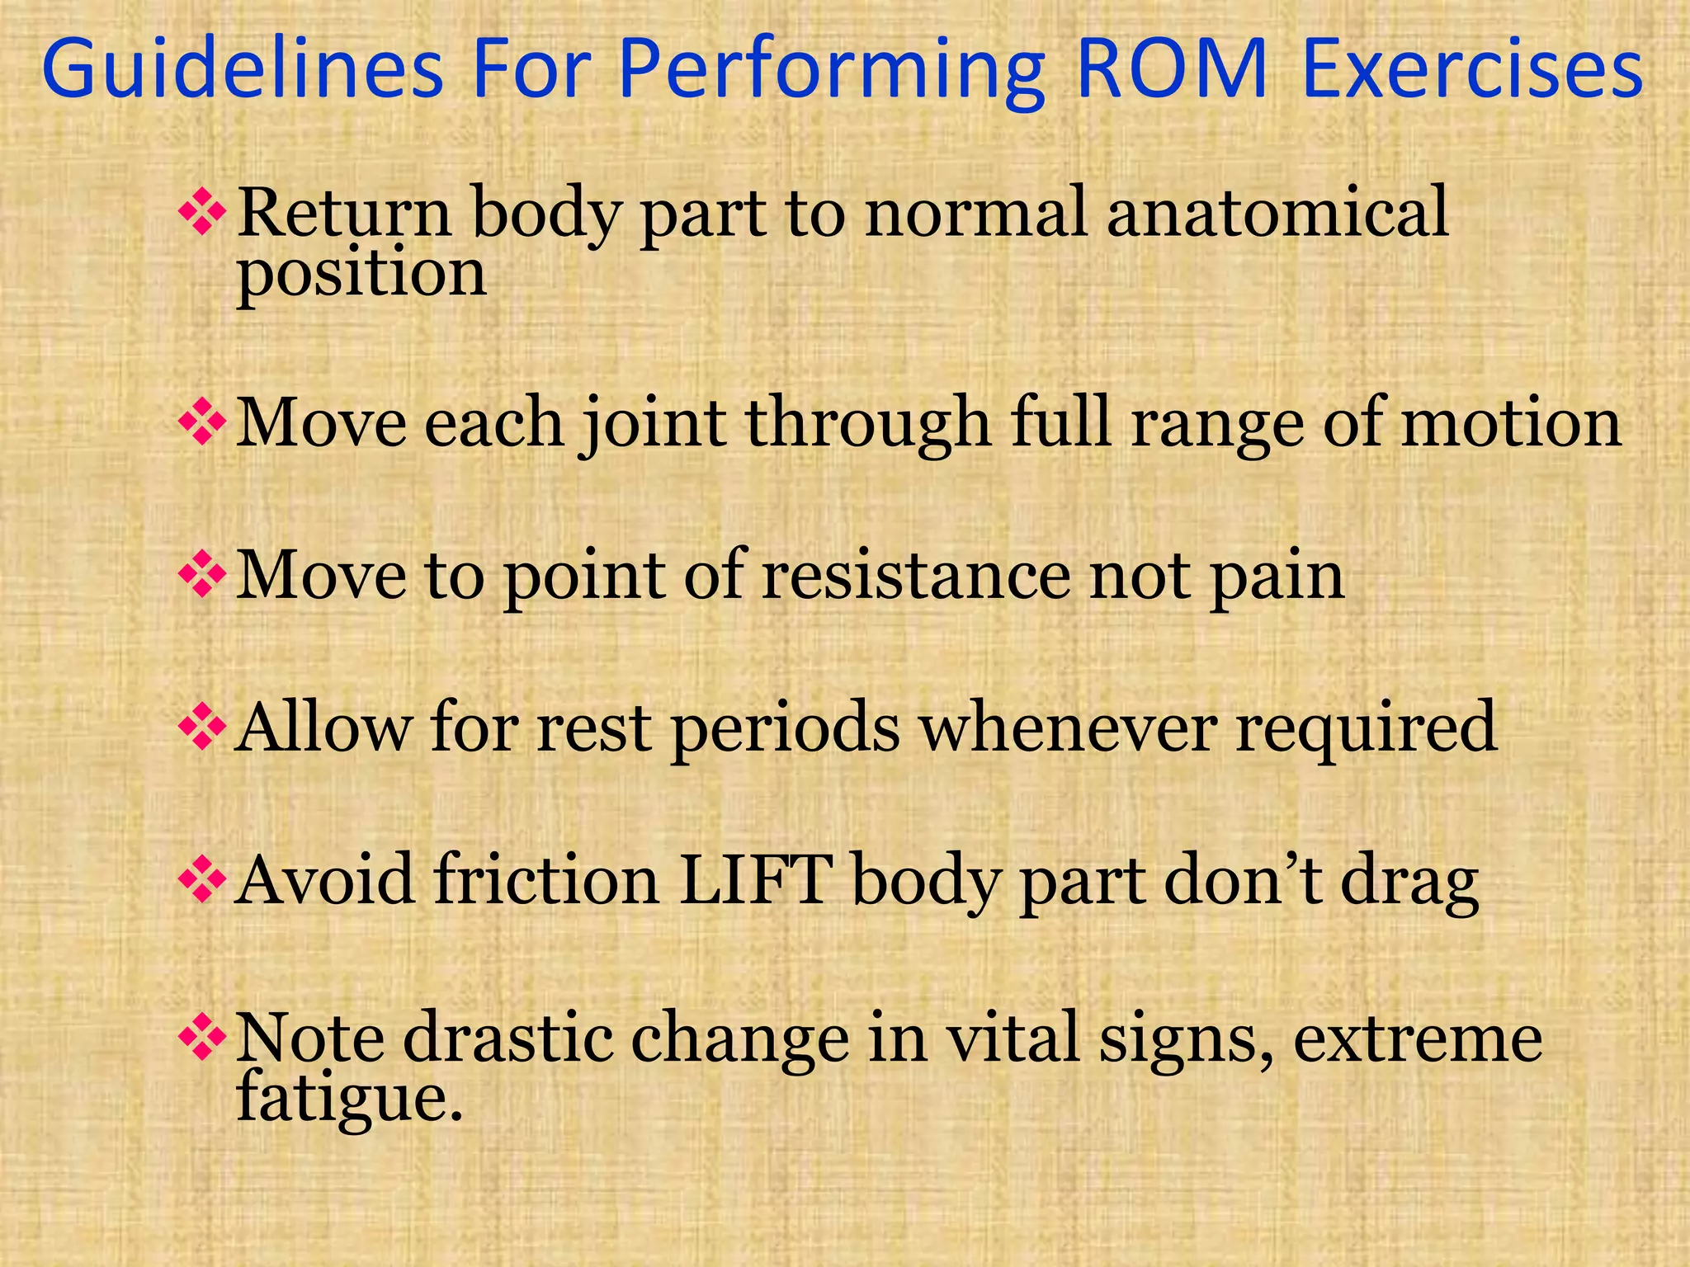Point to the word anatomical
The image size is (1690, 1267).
pyautogui.click(x=1277, y=213)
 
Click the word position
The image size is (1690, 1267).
pyautogui.click(x=361, y=275)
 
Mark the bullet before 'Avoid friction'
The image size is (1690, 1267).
pyautogui.click(x=202, y=881)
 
